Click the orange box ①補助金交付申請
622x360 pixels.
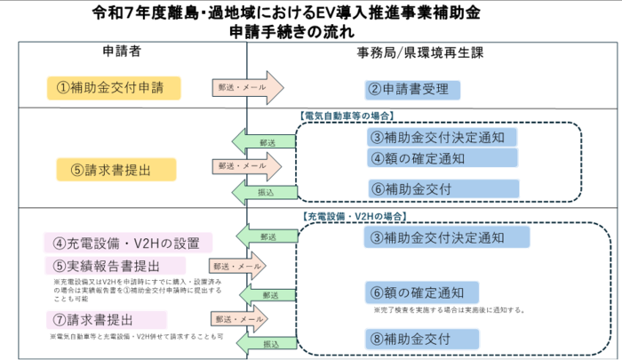114,87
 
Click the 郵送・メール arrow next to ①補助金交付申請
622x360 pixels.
245,88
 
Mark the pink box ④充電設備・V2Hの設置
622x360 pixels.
128,243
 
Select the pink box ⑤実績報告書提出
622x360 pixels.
115,265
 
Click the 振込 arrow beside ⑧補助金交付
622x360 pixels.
263,342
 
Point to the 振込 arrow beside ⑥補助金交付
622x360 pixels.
263,192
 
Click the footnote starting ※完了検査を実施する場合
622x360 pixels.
448,310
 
